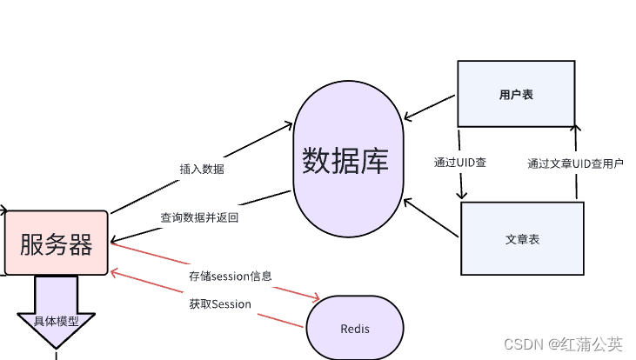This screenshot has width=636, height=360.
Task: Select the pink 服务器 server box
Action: coord(57,243)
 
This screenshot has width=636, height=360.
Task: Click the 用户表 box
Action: coord(516,94)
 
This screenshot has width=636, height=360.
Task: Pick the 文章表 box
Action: coord(521,238)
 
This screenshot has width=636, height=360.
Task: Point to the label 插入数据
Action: coord(202,170)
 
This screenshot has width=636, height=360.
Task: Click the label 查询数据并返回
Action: coord(199,217)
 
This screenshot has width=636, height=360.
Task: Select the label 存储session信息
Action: coord(231,277)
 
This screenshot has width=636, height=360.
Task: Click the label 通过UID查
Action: coord(460,163)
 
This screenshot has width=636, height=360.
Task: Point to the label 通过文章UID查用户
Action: coord(575,163)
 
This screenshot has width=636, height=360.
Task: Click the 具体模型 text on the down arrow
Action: coord(56,321)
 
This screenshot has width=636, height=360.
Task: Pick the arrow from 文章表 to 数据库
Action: coord(430,217)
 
